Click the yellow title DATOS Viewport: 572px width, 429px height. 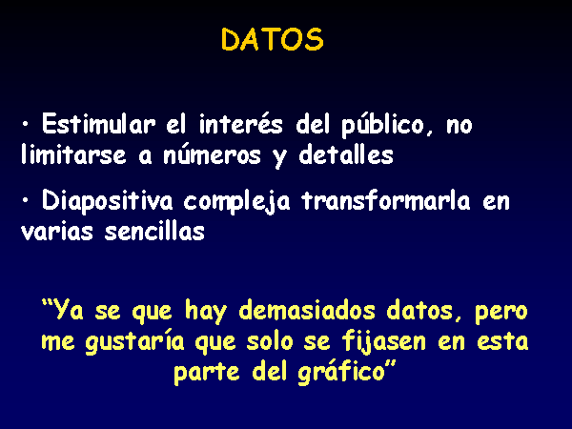272,39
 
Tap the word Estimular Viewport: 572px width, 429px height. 98,124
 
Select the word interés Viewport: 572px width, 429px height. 241,124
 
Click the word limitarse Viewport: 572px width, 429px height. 73,154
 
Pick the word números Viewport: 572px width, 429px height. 212,154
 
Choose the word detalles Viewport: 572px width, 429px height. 346,154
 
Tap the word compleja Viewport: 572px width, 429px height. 236,202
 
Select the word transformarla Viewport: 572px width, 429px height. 386,200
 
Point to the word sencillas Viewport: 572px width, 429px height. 154,231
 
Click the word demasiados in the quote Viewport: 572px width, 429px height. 307,311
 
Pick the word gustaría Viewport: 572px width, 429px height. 135,343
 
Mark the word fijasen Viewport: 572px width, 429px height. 384,343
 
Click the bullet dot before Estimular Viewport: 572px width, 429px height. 25,124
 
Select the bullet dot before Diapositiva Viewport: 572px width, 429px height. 25,200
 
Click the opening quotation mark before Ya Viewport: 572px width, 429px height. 46,303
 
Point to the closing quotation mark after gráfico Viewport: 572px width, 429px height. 391,365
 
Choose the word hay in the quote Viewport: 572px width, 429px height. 206,313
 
